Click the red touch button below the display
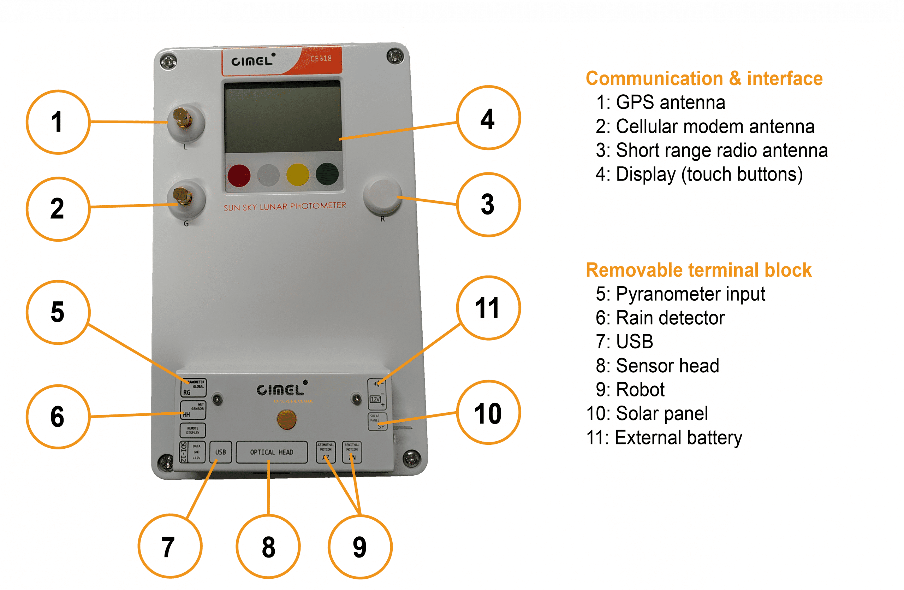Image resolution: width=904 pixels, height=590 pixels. coord(239,175)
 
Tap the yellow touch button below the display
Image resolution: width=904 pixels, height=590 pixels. coord(297,175)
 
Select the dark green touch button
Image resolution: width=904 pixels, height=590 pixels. coord(327,174)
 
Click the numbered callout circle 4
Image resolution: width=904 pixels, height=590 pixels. coord(488,118)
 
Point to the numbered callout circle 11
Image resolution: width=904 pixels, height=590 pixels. coord(488,308)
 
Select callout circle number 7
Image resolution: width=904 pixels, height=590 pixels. coord(169,546)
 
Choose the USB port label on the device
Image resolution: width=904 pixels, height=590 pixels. coord(220,452)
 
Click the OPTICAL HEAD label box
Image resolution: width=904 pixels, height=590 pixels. coord(272,452)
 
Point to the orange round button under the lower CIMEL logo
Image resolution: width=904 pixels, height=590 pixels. coord(287,419)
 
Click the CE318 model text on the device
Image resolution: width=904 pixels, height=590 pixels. coord(321,59)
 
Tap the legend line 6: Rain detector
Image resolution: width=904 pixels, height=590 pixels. coord(660,318)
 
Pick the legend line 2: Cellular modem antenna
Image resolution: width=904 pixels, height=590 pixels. coord(705,126)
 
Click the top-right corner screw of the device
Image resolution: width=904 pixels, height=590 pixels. coord(395,56)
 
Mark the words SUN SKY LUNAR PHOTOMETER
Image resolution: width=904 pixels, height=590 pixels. coord(285,206)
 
